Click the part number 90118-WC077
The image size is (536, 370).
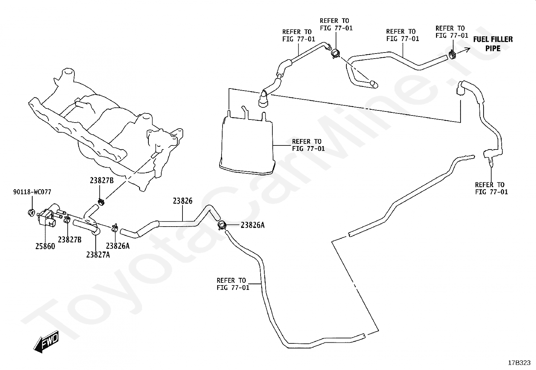[32, 192]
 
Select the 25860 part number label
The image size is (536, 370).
[45, 246]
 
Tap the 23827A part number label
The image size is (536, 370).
[98, 255]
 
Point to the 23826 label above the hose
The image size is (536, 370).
[182, 201]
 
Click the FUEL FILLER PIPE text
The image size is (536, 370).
[493, 44]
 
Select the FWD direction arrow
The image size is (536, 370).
[46, 342]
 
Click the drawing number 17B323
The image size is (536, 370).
[519, 363]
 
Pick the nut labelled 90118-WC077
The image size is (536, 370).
[31, 212]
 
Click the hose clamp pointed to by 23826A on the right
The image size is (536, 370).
[222, 225]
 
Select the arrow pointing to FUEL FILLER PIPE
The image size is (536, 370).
[463, 51]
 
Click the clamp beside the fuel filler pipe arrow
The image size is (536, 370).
[452, 55]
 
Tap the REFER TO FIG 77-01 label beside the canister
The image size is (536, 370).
[308, 145]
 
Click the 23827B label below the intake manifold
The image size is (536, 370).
[102, 180]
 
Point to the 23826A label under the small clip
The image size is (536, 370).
[118, 246]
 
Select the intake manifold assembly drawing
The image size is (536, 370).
[105, 129]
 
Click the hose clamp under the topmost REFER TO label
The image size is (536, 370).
[336, 53]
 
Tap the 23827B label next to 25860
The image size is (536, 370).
[70, 240]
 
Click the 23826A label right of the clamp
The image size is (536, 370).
[253, 225]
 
